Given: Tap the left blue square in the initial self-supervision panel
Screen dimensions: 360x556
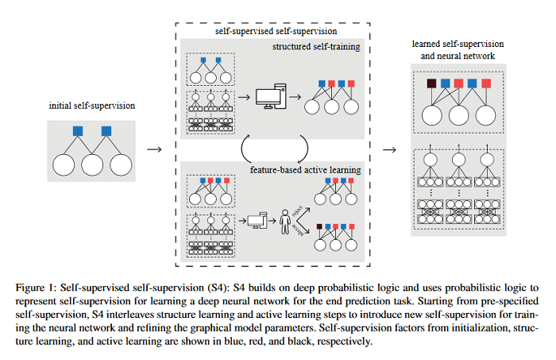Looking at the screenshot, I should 78,130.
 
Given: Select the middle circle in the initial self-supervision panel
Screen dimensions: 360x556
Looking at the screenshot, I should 91,165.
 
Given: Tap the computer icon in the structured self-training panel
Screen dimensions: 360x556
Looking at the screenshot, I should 268,99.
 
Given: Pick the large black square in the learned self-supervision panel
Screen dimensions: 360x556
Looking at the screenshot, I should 431,83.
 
